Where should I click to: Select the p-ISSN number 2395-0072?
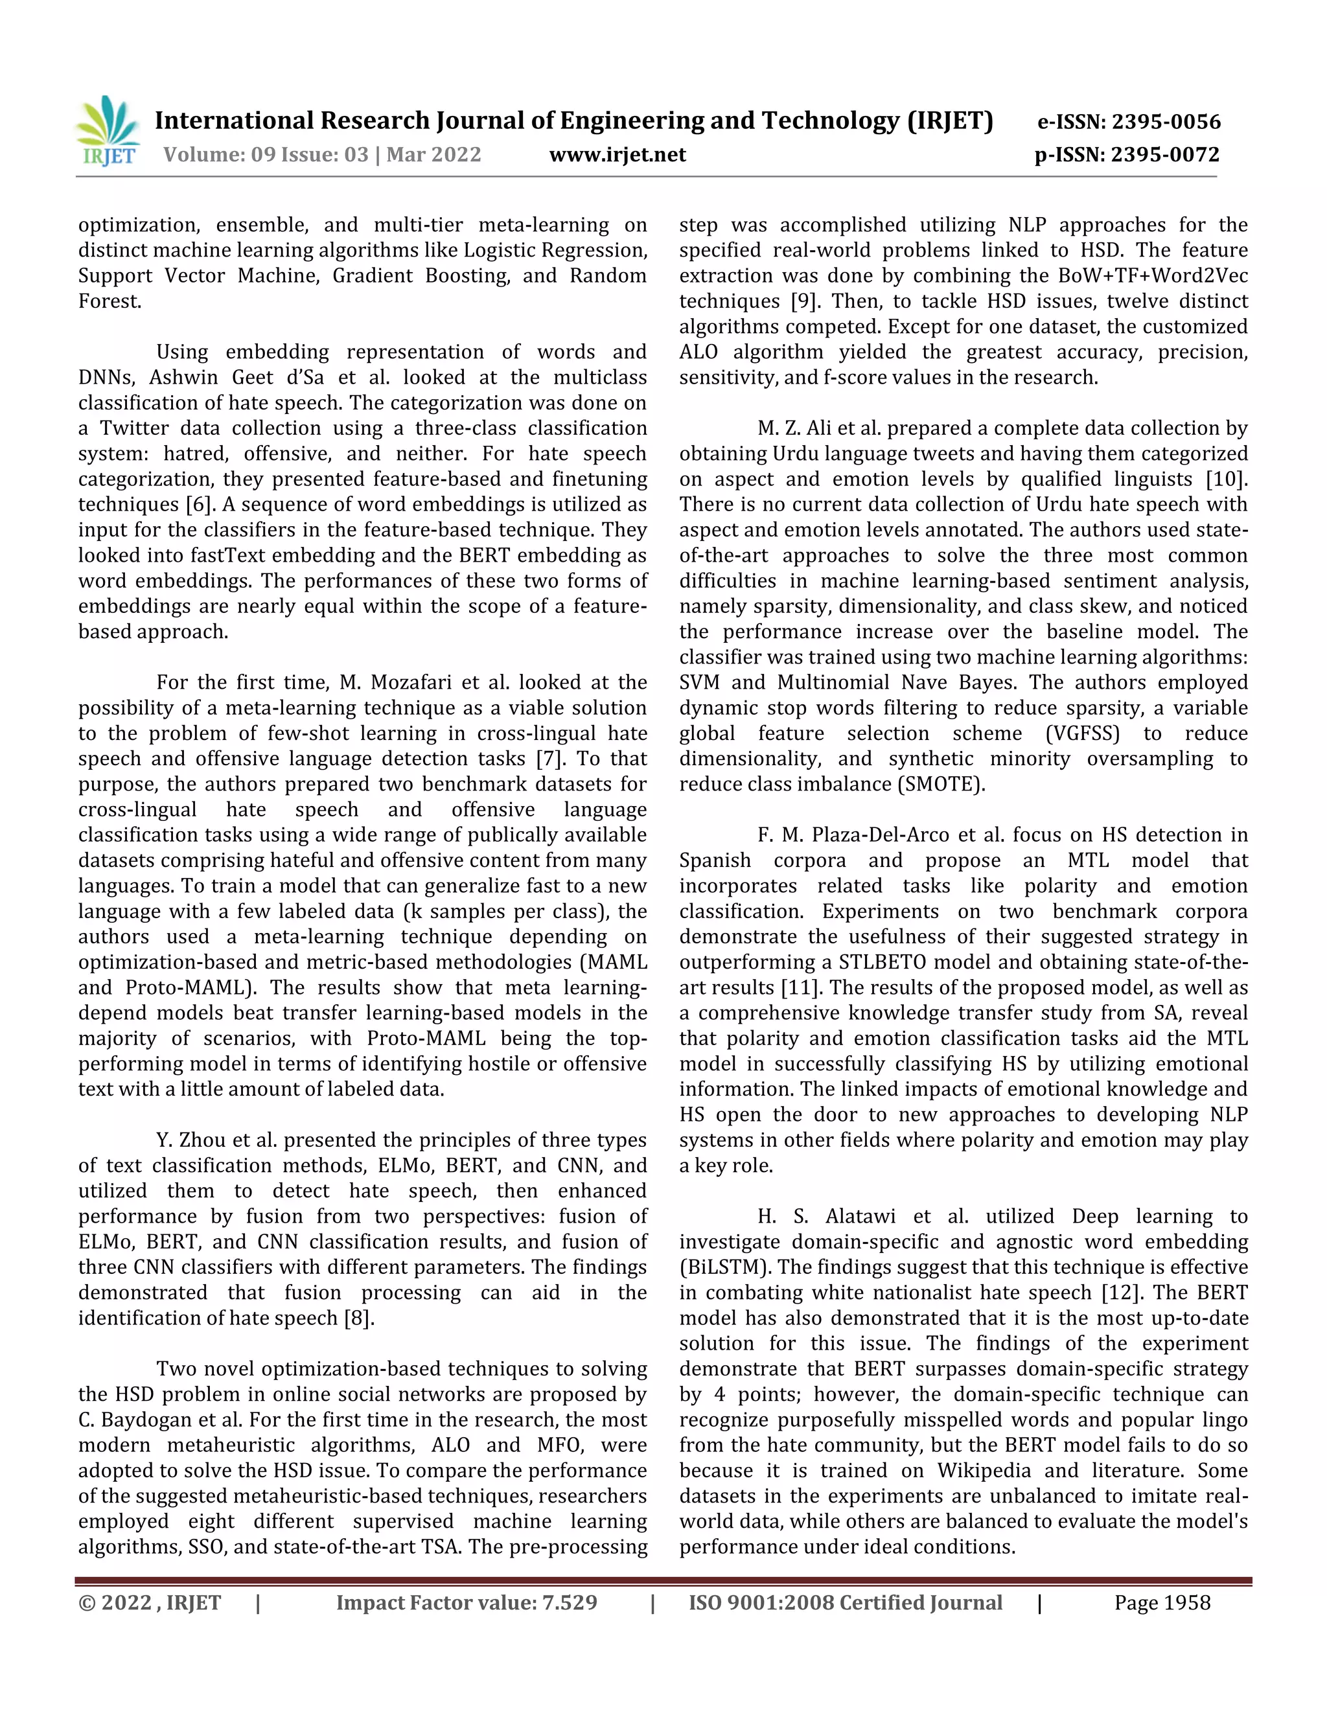[x=1165, y=155]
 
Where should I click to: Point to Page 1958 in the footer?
[x=1162, y=1603]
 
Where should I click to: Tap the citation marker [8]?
[x=359, y=1318]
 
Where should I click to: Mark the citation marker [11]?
[x=800, y=987]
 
